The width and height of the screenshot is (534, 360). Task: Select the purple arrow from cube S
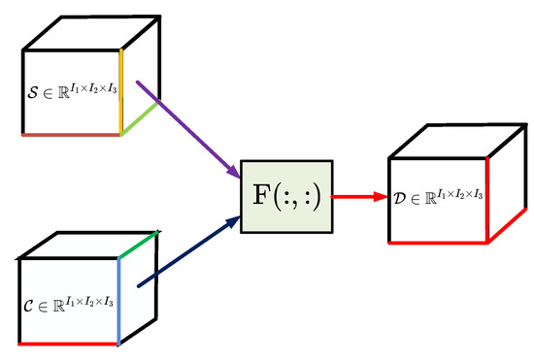coord(188,128)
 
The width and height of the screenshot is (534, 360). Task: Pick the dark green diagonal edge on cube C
coord(137,244)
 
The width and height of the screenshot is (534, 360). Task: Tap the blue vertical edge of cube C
coord(118,301)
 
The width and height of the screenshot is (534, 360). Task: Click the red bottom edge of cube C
coord(68,344)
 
